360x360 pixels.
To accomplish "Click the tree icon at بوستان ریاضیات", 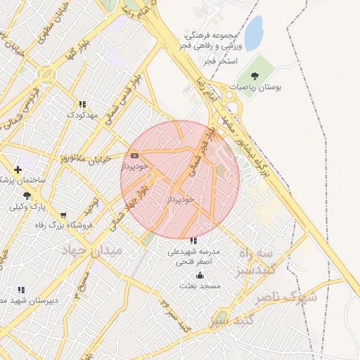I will (253, 75).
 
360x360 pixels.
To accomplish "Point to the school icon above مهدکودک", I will (82, 103).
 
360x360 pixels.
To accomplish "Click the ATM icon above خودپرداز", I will (135, 155).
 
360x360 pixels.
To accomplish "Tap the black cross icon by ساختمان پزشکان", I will (18, 169).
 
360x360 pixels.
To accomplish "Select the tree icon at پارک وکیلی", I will (26, 195).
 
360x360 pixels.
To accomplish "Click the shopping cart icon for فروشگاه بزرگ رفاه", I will (64, 215).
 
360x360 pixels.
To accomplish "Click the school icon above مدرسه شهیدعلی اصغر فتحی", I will (194, 240).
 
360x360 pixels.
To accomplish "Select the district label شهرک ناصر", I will (289, 297).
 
